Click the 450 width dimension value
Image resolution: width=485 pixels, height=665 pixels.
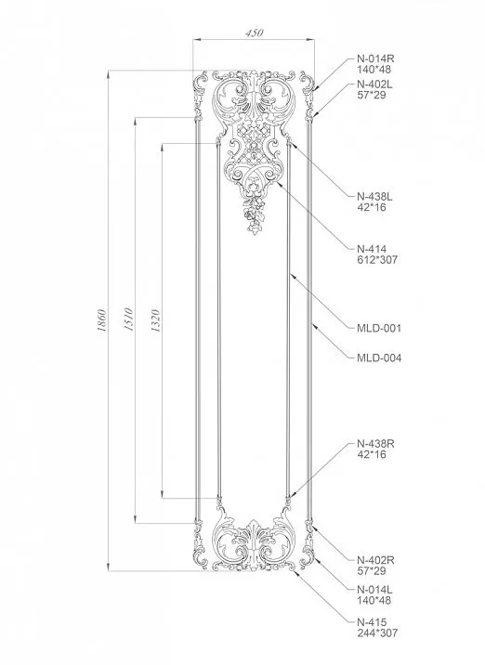(254, 33)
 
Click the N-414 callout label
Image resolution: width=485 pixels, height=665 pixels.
(372, 248)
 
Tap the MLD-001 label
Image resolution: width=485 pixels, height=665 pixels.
(379, 328)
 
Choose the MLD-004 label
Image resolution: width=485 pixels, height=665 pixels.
(379, 357)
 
